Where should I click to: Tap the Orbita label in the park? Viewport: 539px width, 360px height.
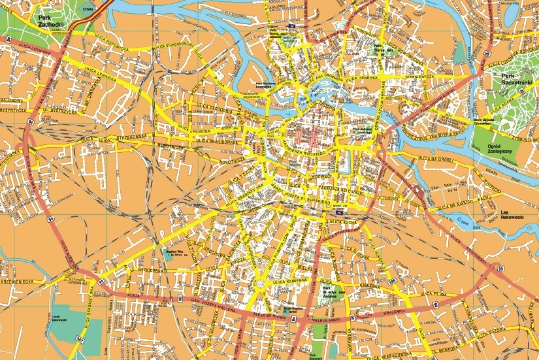86,9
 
